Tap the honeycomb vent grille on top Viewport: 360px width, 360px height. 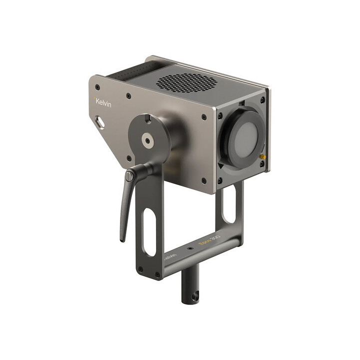pos(187,82)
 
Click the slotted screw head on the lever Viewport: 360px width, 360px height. pos(130,175)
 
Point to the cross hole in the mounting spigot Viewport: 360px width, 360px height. pos(194,296)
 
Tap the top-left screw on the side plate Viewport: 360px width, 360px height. pos(128,95)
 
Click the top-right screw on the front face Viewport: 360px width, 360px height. pos(264,101)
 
